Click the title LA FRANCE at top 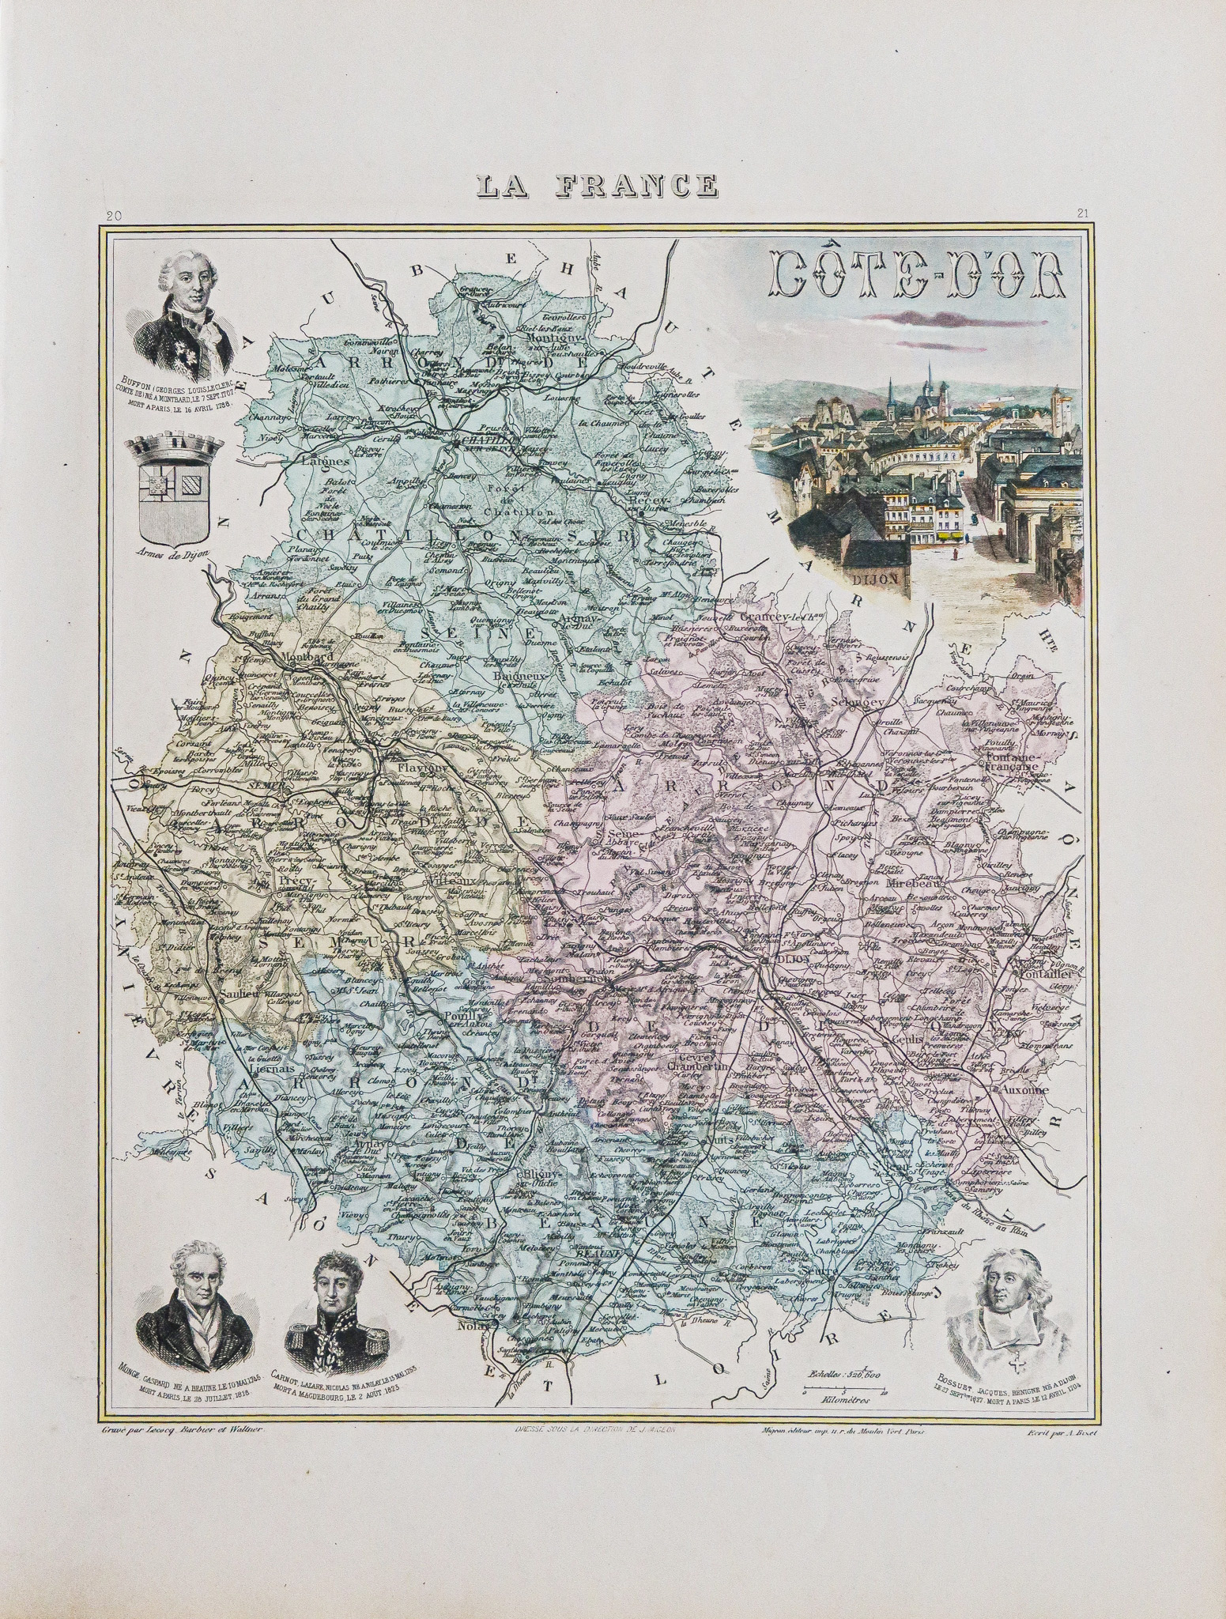coord(598,185)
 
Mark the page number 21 coord(1084,213)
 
